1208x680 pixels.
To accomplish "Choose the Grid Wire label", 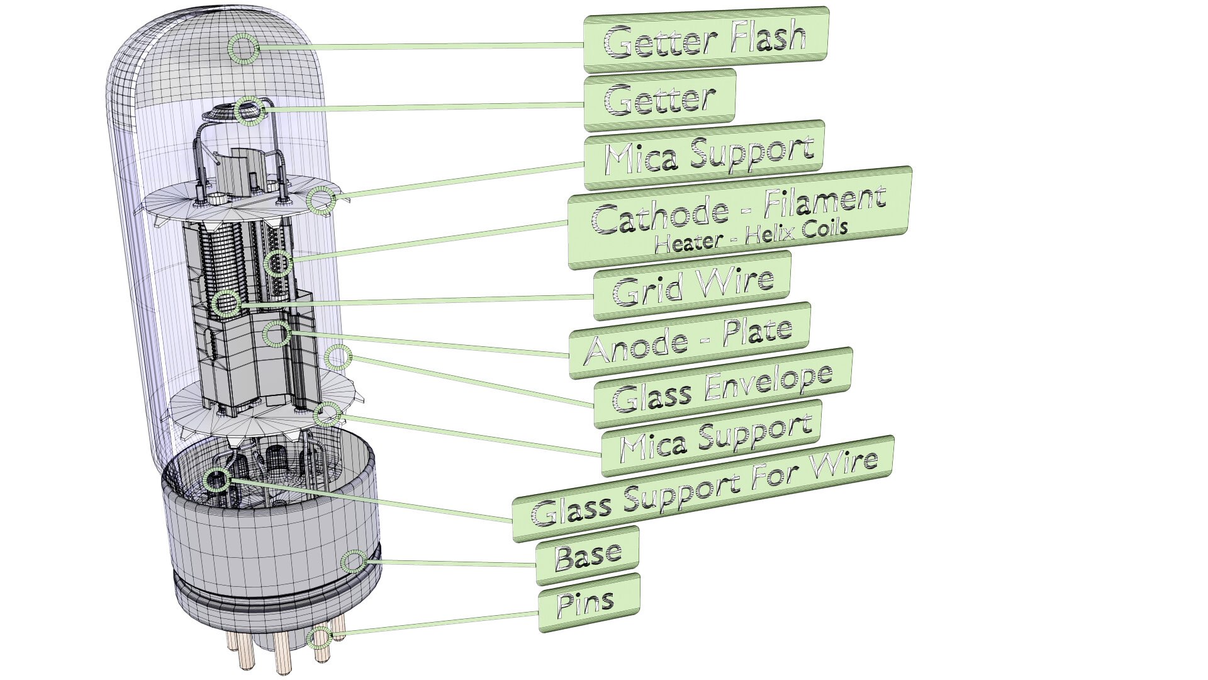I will [692, 287].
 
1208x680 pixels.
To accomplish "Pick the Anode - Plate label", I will [689, 340].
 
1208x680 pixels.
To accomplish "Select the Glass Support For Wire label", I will [703, 489].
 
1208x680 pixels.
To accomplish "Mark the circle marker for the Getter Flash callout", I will [243, 48].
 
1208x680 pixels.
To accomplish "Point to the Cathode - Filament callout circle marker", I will [278, 263].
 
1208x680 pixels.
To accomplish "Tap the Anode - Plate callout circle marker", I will [277, 334].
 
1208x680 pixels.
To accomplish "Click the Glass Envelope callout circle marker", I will [337, 358].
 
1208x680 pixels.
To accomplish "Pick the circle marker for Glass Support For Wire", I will [217, 480].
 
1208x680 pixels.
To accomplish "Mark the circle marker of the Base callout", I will [354, 562].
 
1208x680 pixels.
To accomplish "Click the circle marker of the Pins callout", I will [320, 638].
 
